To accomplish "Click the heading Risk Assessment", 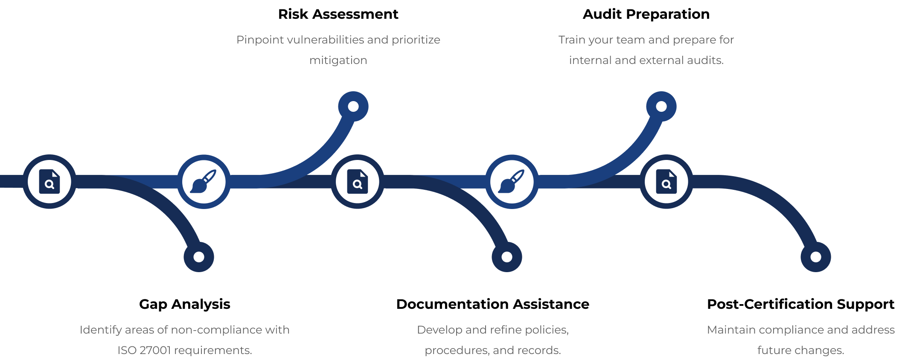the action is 338,14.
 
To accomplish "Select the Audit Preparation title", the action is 646,14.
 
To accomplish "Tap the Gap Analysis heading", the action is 184,304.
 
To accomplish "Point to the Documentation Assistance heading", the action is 492,304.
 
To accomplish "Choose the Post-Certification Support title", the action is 800,304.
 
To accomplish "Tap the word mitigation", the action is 338,60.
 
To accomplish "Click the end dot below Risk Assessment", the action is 353,106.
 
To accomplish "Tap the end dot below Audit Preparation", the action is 661,106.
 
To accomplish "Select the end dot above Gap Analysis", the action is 199,257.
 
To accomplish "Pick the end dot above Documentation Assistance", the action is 507,257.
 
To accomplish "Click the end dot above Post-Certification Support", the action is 816,257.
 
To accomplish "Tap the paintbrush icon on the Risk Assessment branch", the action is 204,182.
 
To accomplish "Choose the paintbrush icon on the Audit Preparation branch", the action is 512,182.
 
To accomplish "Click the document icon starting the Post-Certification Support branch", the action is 666,182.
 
